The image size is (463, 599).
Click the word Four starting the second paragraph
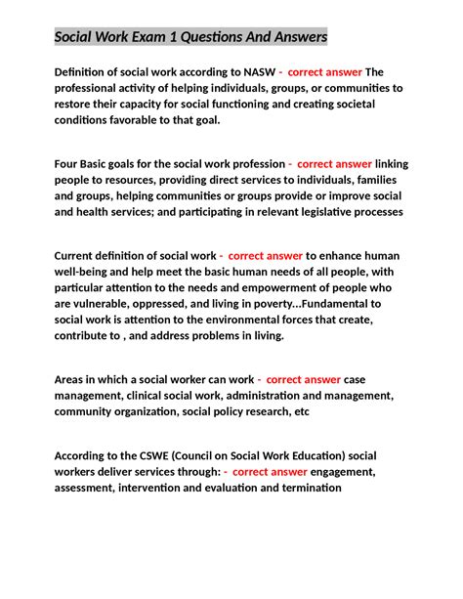69,163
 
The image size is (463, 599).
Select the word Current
78,255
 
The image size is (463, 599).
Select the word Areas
72,379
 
